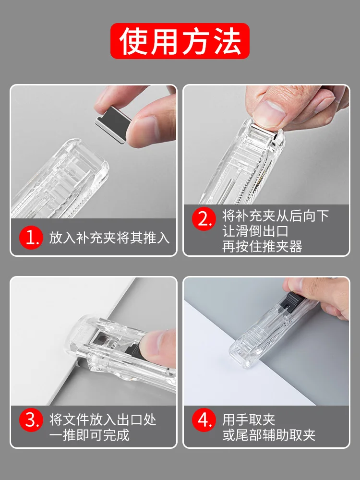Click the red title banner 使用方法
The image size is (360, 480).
coord(180,41)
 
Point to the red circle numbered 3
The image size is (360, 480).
coord(31,420)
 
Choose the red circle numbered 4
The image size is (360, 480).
coord(204,420)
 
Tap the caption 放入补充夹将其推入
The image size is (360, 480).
coord(109,238)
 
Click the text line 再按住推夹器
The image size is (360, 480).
coord(263,247)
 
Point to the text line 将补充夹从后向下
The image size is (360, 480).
coord(276,216)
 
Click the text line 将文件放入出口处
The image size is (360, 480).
coord(103,420)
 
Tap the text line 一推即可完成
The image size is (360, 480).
coord(89,435)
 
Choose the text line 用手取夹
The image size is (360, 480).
coord(249,420)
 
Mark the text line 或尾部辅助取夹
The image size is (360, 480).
coord(269,435)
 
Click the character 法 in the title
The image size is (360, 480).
coord(228,41)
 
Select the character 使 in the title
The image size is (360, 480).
coord(133,41)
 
